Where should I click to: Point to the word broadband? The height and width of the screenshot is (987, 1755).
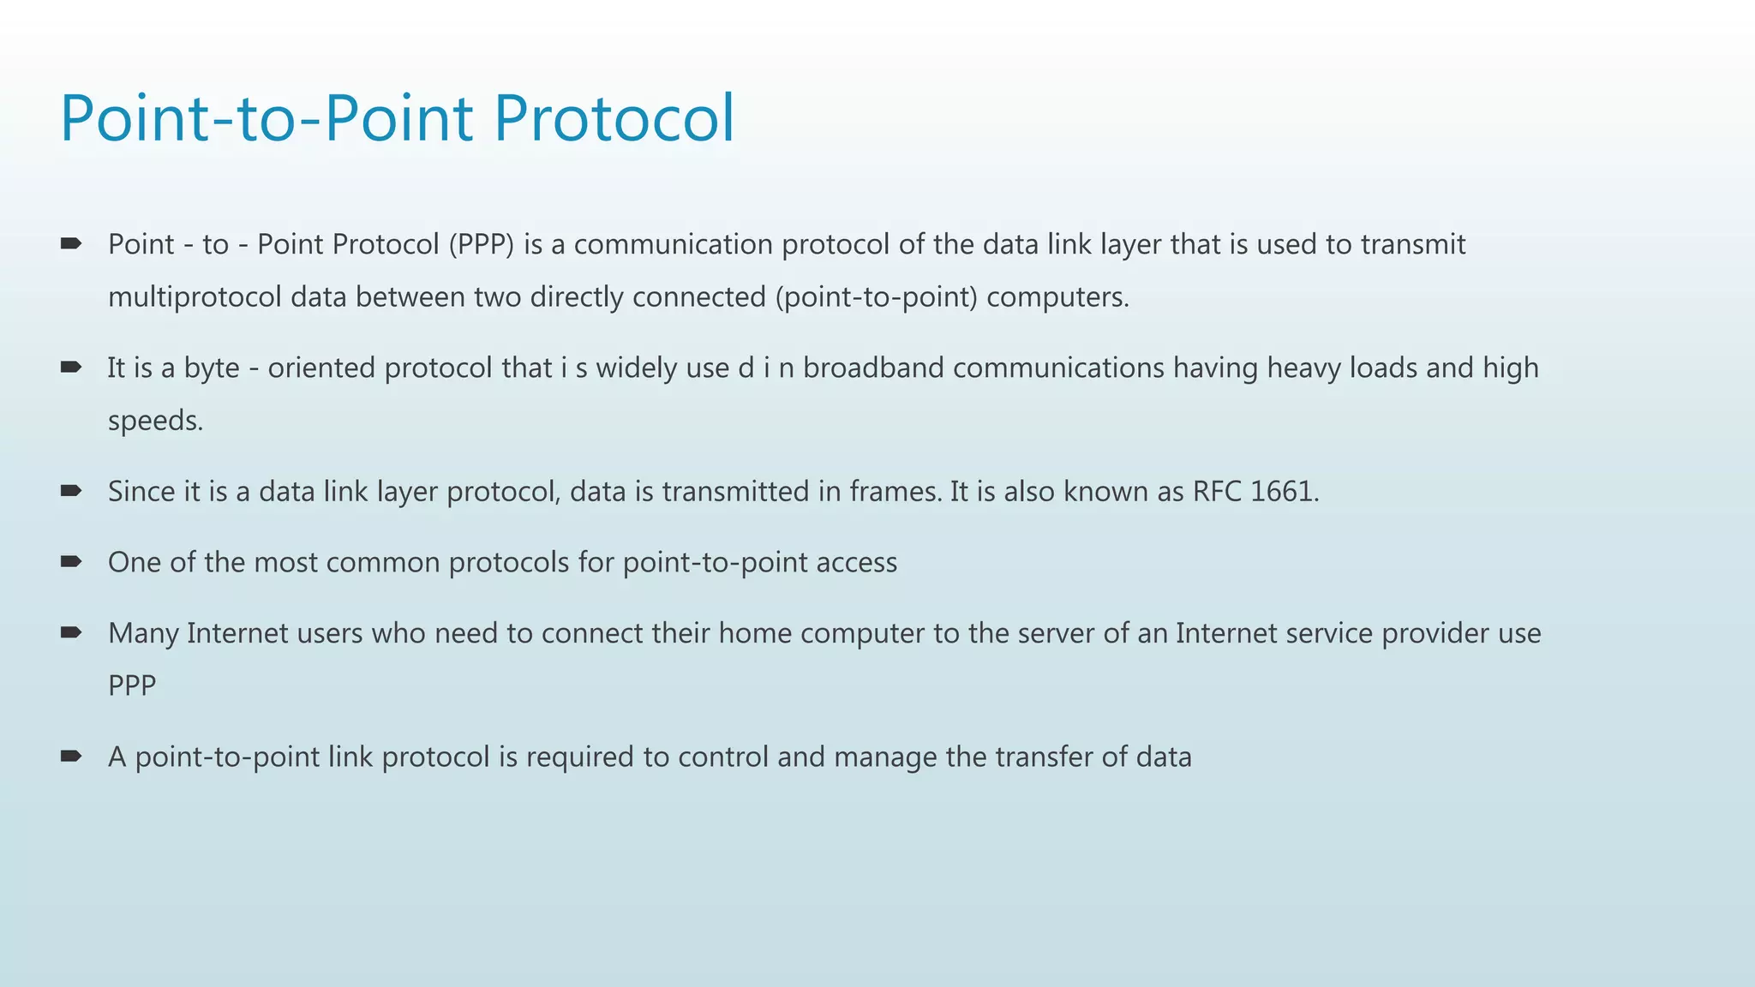(873, 368)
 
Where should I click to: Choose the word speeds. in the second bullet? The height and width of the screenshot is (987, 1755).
(155, 421)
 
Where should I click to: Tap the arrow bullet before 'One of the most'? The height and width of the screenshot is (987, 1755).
(70, 562)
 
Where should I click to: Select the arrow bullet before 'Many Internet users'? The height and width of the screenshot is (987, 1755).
(70, 633)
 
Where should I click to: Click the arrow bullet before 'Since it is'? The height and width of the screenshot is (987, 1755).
(70, 491)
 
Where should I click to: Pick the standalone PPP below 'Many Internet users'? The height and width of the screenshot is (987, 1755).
(132, 686)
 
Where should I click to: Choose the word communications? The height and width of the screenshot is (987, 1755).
(1058, 368)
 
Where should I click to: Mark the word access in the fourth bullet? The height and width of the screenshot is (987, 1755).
(856, 563)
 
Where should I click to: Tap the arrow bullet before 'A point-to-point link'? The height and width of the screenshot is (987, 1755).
(70, 757)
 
